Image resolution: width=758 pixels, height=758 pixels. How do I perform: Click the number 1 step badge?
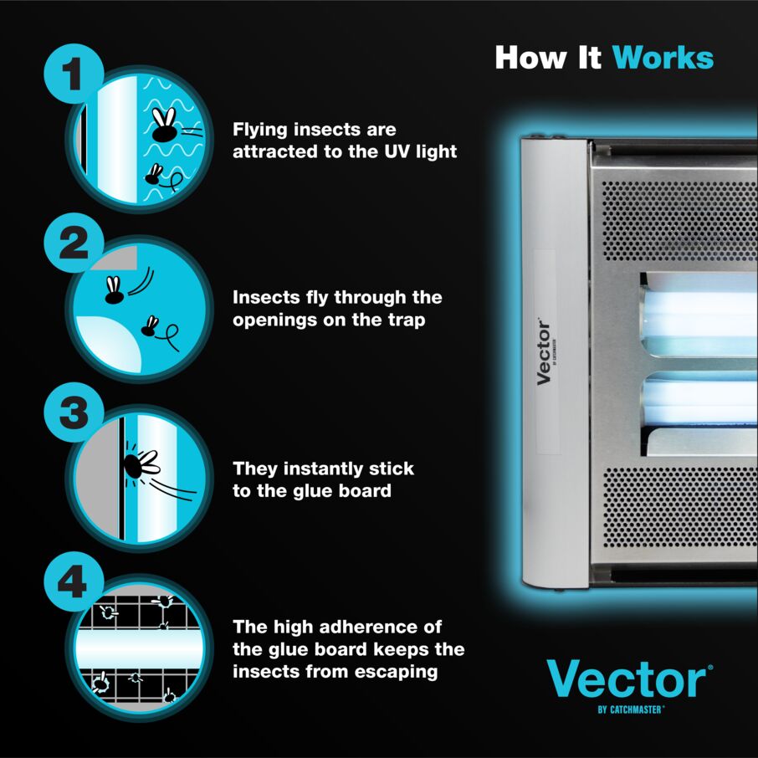pos(74,74)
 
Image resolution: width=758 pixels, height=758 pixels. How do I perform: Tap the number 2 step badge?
pos(74,243)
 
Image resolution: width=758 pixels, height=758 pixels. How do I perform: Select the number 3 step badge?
pos(74,412)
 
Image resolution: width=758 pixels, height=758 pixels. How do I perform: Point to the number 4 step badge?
pos(74,581)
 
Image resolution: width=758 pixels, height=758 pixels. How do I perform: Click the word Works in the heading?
pos(663,58)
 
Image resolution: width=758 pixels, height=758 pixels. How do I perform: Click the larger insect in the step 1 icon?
pos(164,125)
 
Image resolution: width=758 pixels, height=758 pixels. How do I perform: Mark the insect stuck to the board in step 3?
pos(141,464)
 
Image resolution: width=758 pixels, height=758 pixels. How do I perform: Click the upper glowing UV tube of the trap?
pos(701,315)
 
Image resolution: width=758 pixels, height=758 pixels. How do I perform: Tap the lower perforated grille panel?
pos(679,507)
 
